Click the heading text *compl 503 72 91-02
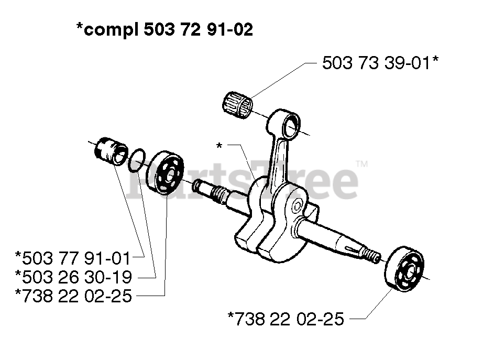[x=164, y=29]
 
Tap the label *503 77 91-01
[x=72, y=258]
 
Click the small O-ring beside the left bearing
[x=136, y=159]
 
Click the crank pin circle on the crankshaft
[x=297, y=204]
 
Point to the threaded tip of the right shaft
[x=372, y=256]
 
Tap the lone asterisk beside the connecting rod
[x=219, y=145]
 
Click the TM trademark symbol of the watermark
[x=362, y=164]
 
